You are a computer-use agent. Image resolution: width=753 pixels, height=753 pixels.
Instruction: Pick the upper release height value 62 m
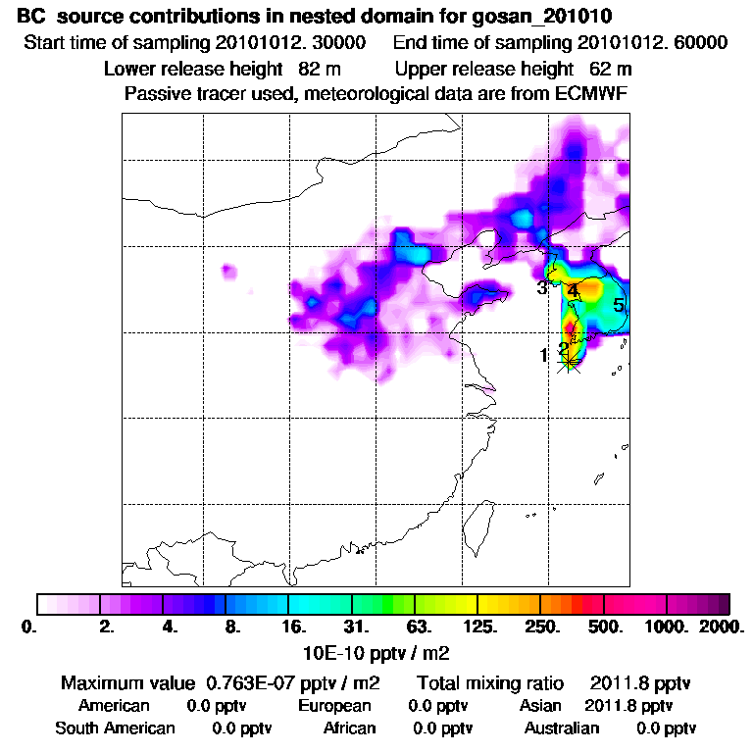[x=610, y=69]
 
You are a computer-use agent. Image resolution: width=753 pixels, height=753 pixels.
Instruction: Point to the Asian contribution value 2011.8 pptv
[x=628, y=705]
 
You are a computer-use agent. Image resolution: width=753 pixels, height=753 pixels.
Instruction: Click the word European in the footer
[x=334, y=705]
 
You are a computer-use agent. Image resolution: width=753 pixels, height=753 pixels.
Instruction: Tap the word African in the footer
[x=350, y=728]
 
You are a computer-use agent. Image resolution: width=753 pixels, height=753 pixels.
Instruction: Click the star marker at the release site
[x=568, y=362]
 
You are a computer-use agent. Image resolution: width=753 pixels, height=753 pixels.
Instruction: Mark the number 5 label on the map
[x=618, y=305]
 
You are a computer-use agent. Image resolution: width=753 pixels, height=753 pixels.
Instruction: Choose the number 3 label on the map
[x=541, y=288]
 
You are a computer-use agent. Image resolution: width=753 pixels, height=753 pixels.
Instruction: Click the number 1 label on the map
[x=543, y=355]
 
